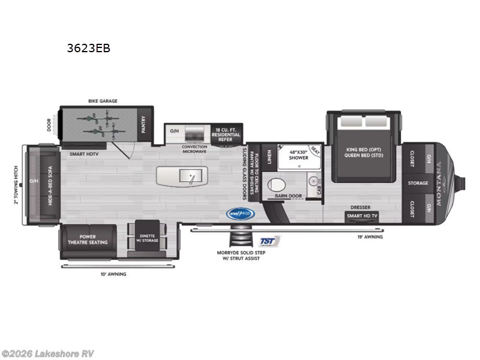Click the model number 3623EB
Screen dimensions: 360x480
[x=89, y=49]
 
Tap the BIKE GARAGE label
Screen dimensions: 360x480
[x=103, y=101]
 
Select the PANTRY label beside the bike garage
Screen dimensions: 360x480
[x=143, y=124]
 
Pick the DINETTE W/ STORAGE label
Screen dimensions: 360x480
[x=147, y=238]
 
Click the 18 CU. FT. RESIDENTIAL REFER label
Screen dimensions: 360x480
[x=225, y=134]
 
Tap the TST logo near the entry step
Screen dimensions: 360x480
[x=268, y=242]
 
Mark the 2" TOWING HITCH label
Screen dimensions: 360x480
[x=16, y=185]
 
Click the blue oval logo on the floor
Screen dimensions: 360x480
[x=240, y=213]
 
